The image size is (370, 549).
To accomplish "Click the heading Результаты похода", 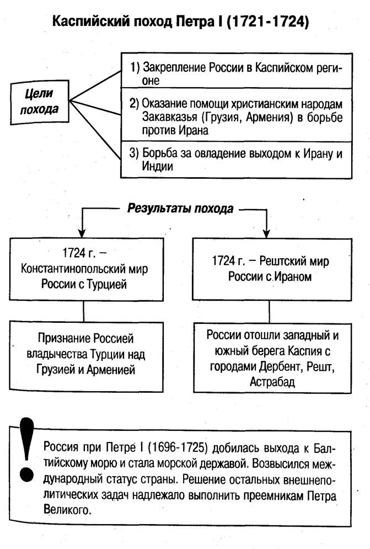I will [x=180, y=209].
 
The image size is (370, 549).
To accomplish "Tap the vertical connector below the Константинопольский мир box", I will [x=83, y=311].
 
